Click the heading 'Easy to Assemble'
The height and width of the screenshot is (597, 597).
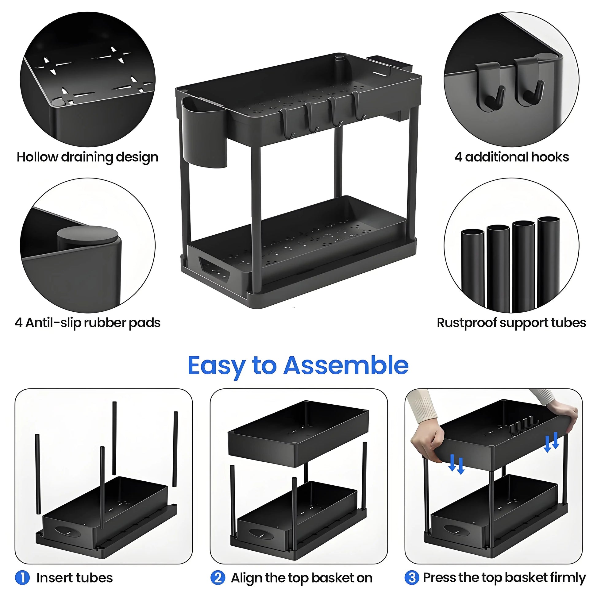point(298,365)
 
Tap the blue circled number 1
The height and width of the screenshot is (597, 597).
point(22,577)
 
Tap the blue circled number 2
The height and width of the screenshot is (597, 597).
point(218,577)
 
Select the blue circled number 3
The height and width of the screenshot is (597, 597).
point(412,577)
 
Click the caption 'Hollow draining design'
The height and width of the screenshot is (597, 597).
point(87,157)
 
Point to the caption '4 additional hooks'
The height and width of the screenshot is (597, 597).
point(511,157)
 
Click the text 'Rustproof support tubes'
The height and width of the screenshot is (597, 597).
point(511,323)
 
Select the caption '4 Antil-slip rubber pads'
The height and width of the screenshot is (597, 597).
point(87,323)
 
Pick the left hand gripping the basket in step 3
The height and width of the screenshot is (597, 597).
point(426,442)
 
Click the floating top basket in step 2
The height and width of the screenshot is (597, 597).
point(298,433)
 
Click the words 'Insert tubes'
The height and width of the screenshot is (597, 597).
point(75,578)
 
